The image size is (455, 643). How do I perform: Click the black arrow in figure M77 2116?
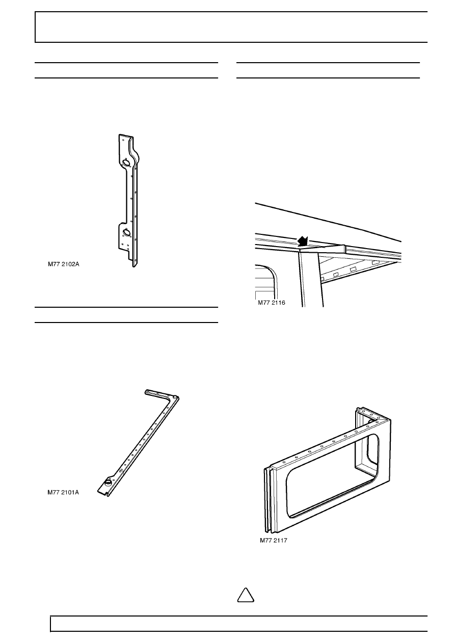click(303, 241)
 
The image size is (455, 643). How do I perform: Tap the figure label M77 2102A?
click(64, 264)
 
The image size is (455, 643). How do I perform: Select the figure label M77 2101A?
click(63, 492)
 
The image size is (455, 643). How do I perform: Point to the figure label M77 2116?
click(272, 303)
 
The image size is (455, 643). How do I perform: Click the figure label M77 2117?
click(274, 540)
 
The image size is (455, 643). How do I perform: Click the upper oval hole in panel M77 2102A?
click(126, 163)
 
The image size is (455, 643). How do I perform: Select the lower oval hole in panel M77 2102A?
click(126, 232)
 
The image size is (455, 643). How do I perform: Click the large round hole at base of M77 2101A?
click(108, 483)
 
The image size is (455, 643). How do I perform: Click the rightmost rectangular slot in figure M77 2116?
click(375, 262)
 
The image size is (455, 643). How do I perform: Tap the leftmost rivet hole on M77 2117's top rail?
click(284, 463)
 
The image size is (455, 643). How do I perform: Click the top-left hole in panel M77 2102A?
click(123, 140)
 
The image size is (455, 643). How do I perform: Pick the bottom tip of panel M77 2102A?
click(133, 266)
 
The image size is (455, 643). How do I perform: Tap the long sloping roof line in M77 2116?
click(329, 222)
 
